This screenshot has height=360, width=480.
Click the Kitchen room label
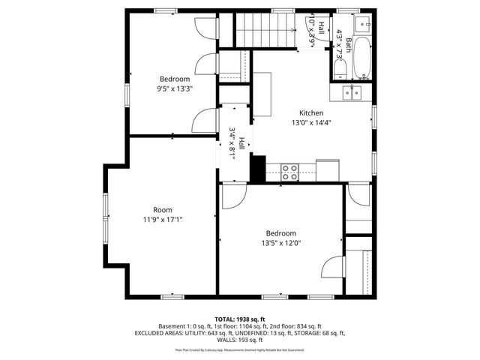(311, 113)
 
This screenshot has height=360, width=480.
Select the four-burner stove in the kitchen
(289, 169)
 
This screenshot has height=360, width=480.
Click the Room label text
(163, 210)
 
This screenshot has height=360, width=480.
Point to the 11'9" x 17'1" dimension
(163, 220)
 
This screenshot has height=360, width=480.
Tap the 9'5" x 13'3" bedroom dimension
(174, 88)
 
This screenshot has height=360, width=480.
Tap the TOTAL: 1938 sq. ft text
(240, 319)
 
